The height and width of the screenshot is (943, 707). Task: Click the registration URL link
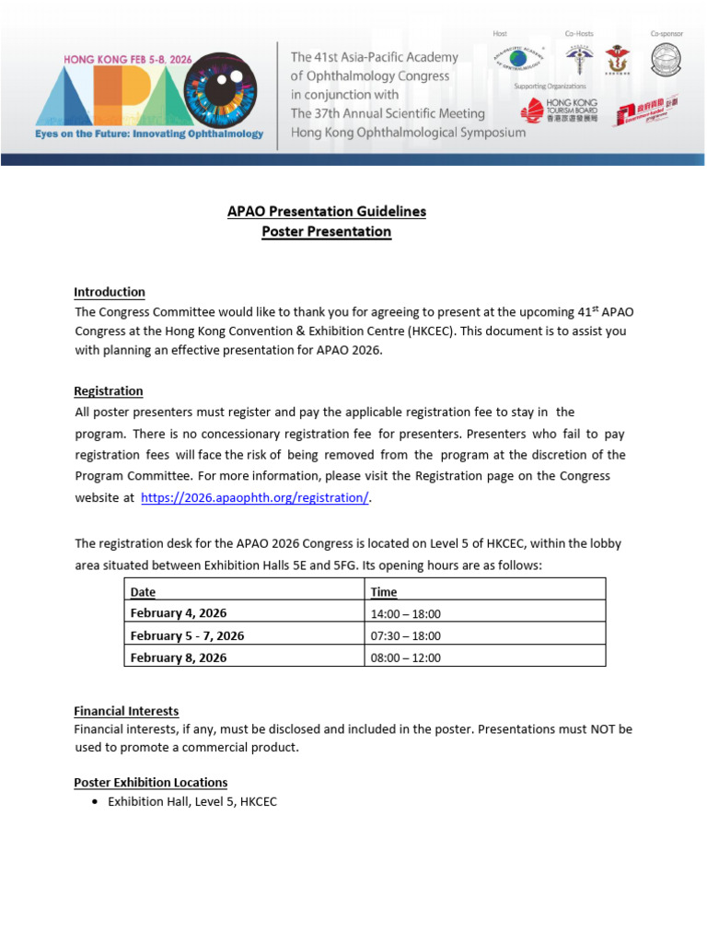[255, 498]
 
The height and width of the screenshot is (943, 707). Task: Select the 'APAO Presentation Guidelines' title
[327, 212]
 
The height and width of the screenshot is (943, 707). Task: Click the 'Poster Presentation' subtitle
[327, 232]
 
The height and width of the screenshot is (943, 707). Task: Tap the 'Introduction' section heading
[110, 292]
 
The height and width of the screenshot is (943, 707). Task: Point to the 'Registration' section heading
[109, 391]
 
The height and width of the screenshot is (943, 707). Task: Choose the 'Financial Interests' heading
[126, 711]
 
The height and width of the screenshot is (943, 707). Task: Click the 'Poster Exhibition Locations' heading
[151, 782]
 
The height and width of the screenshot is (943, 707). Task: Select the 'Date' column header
[144, 592]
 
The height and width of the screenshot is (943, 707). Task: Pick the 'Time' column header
[383, 592]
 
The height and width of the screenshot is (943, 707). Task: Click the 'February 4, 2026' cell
[179, 613]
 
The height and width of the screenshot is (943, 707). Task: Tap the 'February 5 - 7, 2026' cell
[188, 635]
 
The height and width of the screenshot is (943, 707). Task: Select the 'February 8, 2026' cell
[179, 658]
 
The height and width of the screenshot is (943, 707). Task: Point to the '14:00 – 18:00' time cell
[405, 613]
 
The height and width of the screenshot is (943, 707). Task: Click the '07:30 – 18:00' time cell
[405, 635]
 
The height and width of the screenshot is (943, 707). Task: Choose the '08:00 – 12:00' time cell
[405, 658]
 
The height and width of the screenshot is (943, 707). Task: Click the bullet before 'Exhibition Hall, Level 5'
[98, 802]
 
